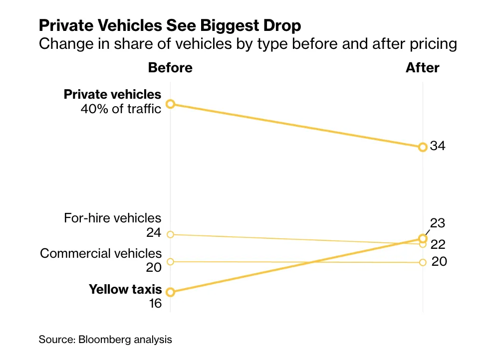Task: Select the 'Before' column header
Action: pyautogui.click(x=170, y=68)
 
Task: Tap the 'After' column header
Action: pyautogui.click(x=422, y=68)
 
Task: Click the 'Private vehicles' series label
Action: pyautogui.click(x=112, y=94)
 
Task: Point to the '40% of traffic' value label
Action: pyautogui.click(x=121, y=108)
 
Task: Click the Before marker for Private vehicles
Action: pyautogui.click(x=170, y=104)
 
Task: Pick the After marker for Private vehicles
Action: pyautogui.click(x=423, y=147)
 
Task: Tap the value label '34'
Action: pyautogui.click(x=438, y=147)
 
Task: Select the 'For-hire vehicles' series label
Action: pyautogui.click(x=113, y=218)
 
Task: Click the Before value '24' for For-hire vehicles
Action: pyautogui.click(x=154, y=233)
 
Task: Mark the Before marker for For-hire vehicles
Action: pyautogui.click(x=170, y=234)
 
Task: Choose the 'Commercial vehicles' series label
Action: pyautogui.click(x=101, y=253)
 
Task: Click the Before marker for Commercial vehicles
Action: pyautogui.click(x=170, y=262)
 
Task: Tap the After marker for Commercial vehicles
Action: pyautogui.click(x=423, y=262)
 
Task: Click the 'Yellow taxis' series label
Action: pyautogui.click(x=125, y=289)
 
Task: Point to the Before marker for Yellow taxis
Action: pyautogui.click(x=170, y=292)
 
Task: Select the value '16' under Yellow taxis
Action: pyautogui.click(x=155, y=303)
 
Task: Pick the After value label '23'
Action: pyautogui.click(x=438, y=223)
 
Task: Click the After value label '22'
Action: pyautogui.click(x=438, y=244)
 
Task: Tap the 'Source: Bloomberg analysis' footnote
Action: pyautogui.click(x=105, y=340)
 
